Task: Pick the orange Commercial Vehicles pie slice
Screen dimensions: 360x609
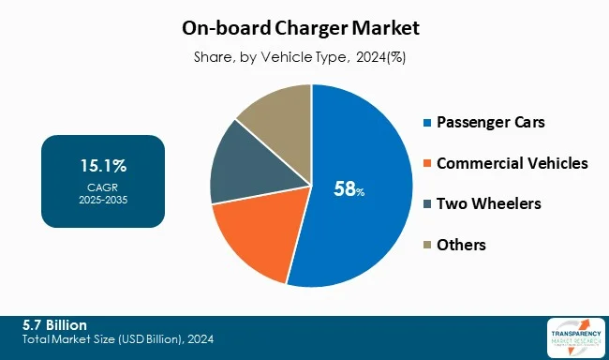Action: [x=253, y=239]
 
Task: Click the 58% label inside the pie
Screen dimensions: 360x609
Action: [x=349, y=189]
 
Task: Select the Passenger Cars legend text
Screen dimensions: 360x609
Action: [x=492, y=123]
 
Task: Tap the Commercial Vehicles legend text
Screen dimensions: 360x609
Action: [x=512, y=163]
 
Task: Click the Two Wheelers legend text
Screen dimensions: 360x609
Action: [x=488, y=203]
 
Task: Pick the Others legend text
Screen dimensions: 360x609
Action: [x=461, y=245]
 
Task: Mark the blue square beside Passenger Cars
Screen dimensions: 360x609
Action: [x=428, y=124]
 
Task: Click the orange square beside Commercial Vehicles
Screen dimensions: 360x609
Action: [x=428, y=164]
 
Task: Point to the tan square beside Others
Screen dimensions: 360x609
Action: [x=428, y=246]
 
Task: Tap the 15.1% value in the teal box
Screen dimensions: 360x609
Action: [x=103, y=166]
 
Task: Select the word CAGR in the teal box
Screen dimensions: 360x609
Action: [x=103, y=187]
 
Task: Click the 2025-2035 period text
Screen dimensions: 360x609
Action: [x=103, y=200]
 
